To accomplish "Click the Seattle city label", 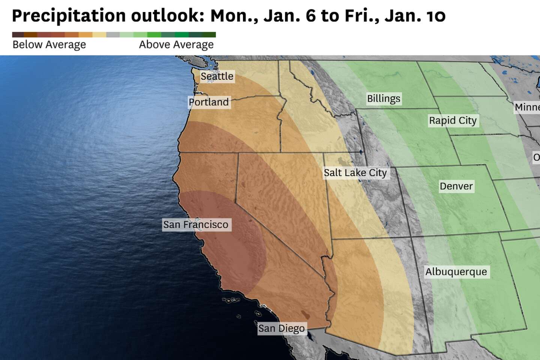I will point(217,76).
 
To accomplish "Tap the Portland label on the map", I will point(209,102).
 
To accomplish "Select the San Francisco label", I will point(196,225).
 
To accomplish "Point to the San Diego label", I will point(281,328).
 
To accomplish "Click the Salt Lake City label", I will point(355,173).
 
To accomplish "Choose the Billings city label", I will point(384,99).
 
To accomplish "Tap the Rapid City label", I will point(453,121).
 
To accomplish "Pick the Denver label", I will point(456,186).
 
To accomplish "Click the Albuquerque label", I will point(456,272).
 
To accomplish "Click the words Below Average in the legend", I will point(49,45).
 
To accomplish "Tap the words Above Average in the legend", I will point(176,45).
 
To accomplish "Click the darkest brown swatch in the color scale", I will point(18,34).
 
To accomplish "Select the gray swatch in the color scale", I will point(113,34).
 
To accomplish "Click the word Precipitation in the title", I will point(69,16).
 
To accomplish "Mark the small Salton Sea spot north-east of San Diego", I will point(305,313).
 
